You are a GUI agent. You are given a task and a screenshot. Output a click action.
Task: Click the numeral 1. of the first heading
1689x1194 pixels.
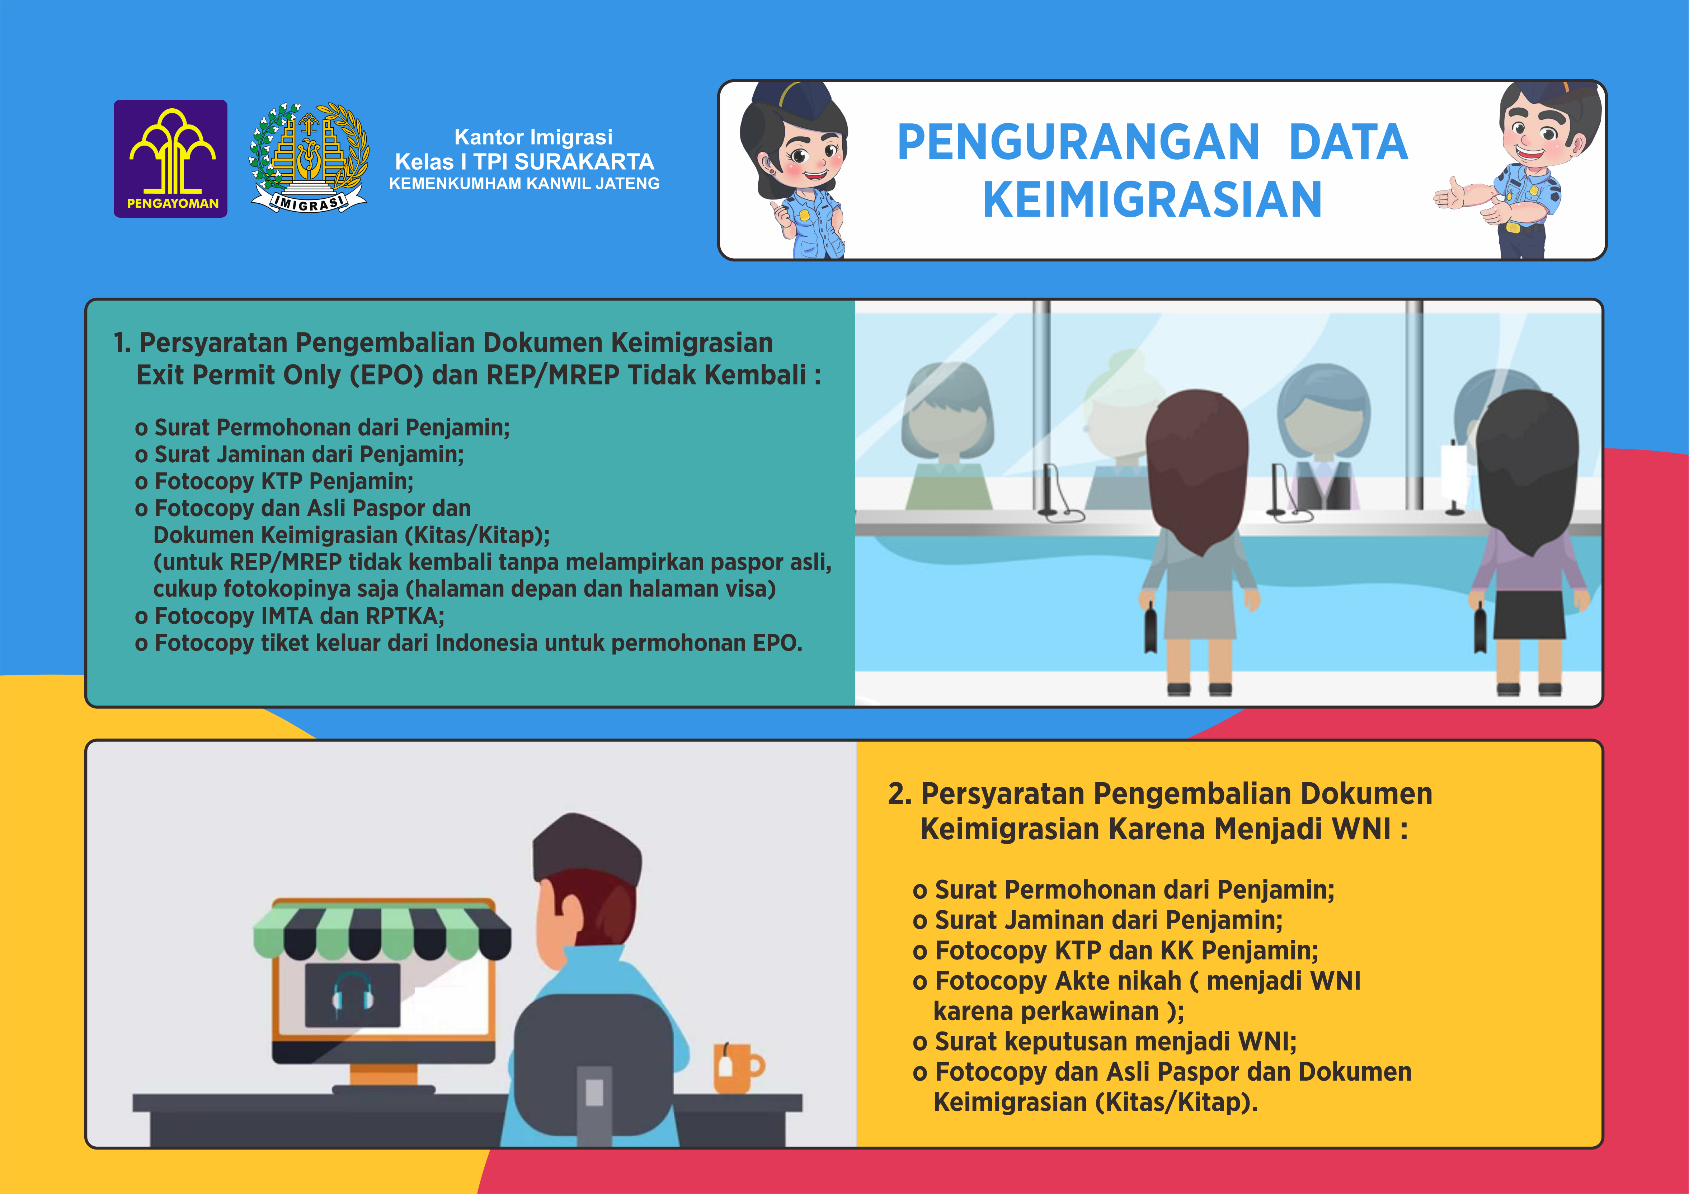[x=122, y=343]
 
